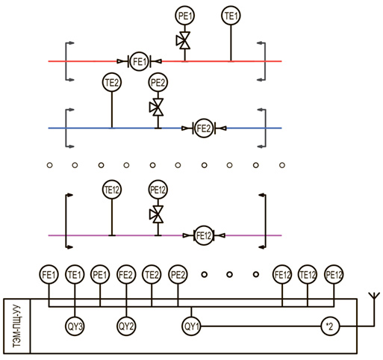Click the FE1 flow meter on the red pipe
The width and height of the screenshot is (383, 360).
[x=139, y=61]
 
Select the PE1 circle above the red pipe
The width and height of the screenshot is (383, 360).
[x=185, y=16]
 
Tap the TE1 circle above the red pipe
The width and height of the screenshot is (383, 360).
[x=231, y=16]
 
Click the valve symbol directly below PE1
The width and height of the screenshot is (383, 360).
[x=184, y=40]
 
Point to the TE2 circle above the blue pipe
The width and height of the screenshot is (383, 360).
[x=112, y=82]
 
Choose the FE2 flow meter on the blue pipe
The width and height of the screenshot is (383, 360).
[x=204, y=128]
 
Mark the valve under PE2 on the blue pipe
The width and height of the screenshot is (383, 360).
[x=157, y=107]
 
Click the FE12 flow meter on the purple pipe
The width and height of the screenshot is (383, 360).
[x=204, y=235]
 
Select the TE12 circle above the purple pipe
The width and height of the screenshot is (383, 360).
[x=112, y=190]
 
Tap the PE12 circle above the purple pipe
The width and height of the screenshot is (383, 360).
[x=158, y=190]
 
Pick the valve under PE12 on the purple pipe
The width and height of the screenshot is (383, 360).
[x=157, y=214]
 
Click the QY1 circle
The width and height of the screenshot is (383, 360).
[x=191, y=326]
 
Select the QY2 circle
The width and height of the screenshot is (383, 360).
[x=126, y=326]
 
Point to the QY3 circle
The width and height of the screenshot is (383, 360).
[x=75, y=326]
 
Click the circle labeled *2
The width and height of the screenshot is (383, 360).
[x=330, y=326]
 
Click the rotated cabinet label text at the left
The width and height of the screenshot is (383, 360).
[x=16, y=326]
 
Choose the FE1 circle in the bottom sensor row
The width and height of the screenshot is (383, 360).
[x=49, y=275]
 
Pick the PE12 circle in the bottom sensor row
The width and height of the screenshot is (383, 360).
[x=334, y=275]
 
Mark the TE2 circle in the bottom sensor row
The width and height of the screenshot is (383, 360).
[x=152, y=275]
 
